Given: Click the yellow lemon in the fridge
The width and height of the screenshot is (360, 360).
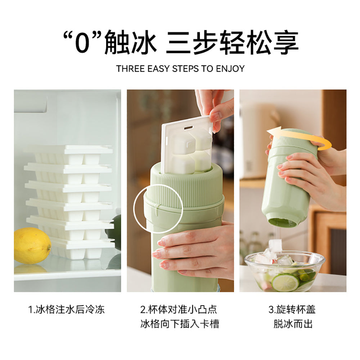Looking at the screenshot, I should tap(32, 246).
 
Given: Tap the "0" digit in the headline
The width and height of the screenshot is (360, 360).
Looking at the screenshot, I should tap(81, 44).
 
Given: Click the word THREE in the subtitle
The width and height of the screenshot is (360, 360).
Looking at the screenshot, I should tap(131, 69).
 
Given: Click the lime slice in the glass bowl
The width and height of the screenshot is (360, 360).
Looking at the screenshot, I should tap(285, 282).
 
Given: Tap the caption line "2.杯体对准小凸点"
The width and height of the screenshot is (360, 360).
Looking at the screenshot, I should tap(179, 310).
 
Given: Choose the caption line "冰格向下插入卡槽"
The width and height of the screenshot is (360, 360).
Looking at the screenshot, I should tap(180, 324).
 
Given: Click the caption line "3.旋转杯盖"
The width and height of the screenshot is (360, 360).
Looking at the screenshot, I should tap(292, 310).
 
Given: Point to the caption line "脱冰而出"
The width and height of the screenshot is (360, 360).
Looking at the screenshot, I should tap(293, 324).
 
